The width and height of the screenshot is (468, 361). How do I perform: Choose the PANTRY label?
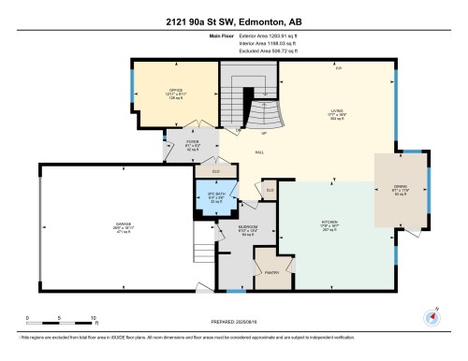pyautogui.click(x=271, y=272)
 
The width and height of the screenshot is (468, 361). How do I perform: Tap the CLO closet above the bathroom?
pyautogui.click(x=215, y=171)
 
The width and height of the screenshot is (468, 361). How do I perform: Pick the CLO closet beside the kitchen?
pyautogui.click(x=270, y=190)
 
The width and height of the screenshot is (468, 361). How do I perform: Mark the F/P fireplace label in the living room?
pyautogui.click(x=339, y=68)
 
